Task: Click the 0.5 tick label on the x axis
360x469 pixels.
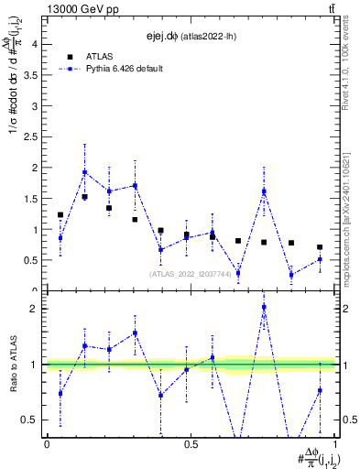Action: pos(191,443)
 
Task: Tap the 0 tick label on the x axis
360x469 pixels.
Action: pos(47,443)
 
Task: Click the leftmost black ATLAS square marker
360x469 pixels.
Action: pos(60,215)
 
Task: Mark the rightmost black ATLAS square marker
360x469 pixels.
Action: pos(320,247)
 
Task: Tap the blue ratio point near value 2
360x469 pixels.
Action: pos(264,307)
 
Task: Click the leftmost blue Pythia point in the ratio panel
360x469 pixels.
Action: pos(60,394)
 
